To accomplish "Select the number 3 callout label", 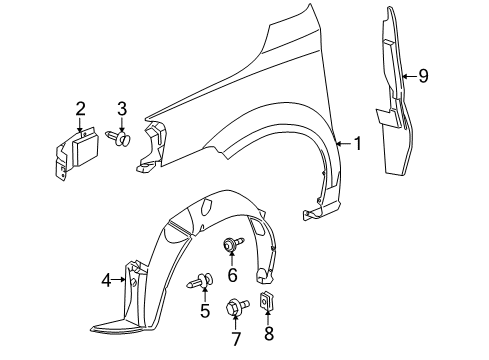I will click(x=122, y=107).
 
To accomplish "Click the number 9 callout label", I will click(x=423, y=75).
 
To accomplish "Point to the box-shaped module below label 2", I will click(x=74, y=150).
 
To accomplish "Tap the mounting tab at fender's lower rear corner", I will click(x=317, y=211).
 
